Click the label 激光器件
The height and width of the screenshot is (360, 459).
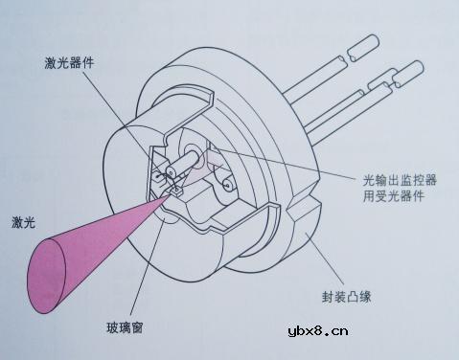(x=70, y=64)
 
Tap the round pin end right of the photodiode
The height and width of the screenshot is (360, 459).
(x=228, y=183)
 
